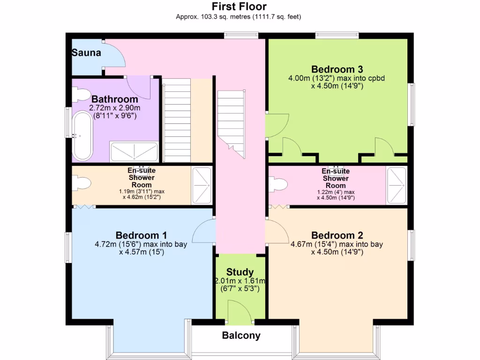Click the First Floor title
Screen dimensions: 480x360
click(239, 7)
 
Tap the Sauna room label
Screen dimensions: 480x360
click(86, 52)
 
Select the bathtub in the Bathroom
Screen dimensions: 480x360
click(82, 136)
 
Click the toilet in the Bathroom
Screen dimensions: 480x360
click(81, 94)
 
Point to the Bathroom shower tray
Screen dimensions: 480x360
click(134, 151)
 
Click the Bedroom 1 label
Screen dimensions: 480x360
click(141, 235)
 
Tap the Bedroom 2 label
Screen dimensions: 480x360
click(337, 235)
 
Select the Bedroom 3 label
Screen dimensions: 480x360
click(337, 69)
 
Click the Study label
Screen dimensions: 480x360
click(240, 272)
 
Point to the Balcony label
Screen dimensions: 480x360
click(241, 336)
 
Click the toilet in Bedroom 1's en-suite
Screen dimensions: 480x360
click(82, 183)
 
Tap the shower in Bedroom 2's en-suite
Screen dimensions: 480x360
click(397, 185)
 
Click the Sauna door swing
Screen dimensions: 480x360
click(114, 53)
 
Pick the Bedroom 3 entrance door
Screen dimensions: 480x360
click(277, 126)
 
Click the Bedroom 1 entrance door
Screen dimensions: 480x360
click(204, 231)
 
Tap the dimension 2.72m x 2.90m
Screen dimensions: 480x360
click(115, 108)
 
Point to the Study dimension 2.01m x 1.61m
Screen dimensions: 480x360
click(240, 281)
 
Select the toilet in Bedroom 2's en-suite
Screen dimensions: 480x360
click(278, 184)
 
